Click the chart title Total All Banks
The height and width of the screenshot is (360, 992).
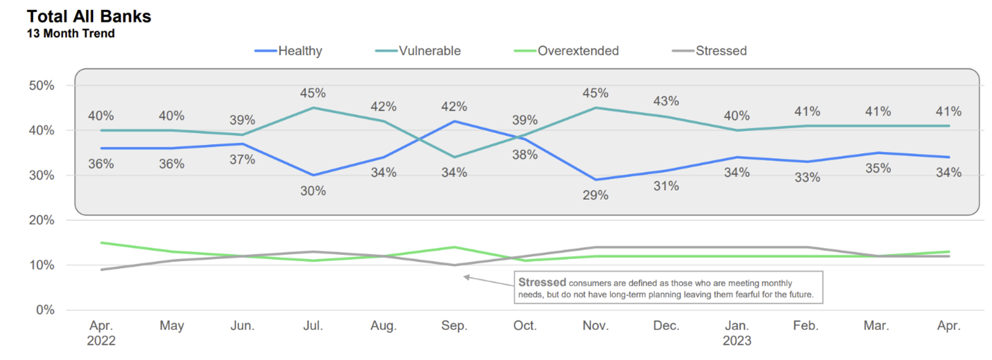(89, 17)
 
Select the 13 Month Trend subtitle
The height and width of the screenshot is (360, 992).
(71, 34)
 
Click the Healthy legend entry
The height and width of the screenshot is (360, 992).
(288, 51)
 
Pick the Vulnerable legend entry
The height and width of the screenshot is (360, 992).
(418, 51)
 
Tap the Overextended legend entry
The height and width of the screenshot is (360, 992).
(566, 51)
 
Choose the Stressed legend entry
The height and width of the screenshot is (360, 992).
(709, 51)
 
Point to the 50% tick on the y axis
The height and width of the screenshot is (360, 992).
(42, 85)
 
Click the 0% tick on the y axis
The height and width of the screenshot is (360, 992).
(45, 310)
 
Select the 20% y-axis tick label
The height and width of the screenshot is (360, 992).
(42, 220)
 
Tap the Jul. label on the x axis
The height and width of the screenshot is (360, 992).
(313, 326)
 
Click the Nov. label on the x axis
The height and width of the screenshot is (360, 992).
(596, 326)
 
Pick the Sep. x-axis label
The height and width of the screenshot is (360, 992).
(454, 326)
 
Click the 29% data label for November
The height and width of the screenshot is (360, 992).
(596, 195)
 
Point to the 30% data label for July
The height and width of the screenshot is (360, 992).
(313, 191)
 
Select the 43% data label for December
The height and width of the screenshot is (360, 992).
(666, 101)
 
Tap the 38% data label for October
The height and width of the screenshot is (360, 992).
(525, 155)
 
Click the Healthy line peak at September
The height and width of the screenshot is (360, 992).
(454, 122)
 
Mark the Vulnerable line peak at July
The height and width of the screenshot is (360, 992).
(313, 108)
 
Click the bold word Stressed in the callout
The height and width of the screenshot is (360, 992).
(542, 282)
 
